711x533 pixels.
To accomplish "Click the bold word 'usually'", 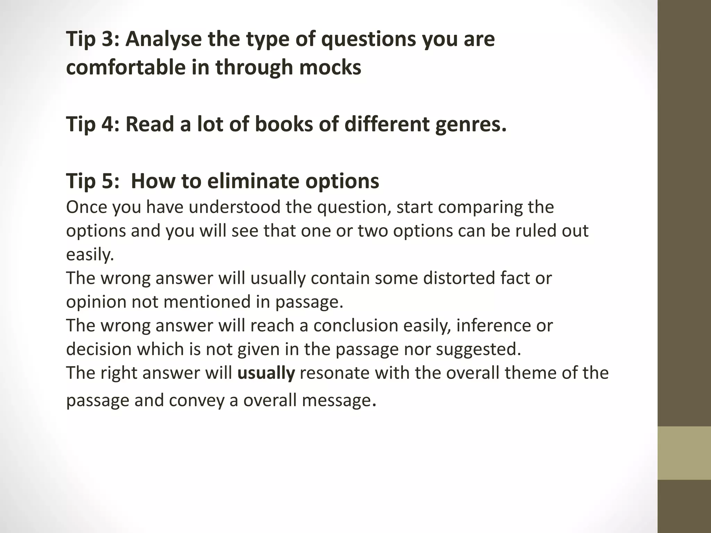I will (266, 373).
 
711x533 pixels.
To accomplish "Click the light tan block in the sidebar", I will (684, 453).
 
